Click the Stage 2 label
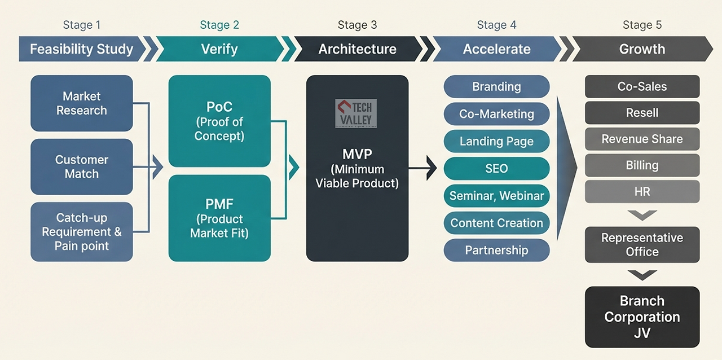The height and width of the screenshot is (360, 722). (x=219, y=25)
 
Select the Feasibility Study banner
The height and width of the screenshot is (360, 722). (x=82, y=49)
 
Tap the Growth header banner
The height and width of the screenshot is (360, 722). (x=642, y=49)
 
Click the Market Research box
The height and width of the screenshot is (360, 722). (x=82, y=103)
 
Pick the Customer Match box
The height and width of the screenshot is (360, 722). (x=82, y=167)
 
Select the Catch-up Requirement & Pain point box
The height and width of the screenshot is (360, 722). (x=82, y=231)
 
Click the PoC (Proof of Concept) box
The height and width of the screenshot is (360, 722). (x=219, y=121)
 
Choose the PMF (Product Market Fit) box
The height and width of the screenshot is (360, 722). (x=219, y=218)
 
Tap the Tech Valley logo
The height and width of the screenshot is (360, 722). (x=356, y=113)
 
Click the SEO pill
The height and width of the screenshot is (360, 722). (x=497, y=168)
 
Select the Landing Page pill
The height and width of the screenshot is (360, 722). (x=497, y=141)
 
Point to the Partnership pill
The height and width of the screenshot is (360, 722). (x=497, y=250)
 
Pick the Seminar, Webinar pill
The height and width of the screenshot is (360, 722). (x=497, y=195)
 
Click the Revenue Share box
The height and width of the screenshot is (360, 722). (x=642, y=139)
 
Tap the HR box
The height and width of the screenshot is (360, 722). (x=642, y=192)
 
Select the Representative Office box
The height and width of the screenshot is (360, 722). (x=642, y=244)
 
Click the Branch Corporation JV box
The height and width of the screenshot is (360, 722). (x=642, y=317)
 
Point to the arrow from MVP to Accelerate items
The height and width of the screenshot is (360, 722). (x=422, y=168)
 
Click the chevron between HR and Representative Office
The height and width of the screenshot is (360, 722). (x=642, y=215)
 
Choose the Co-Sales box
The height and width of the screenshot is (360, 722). (x=642, y=86)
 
